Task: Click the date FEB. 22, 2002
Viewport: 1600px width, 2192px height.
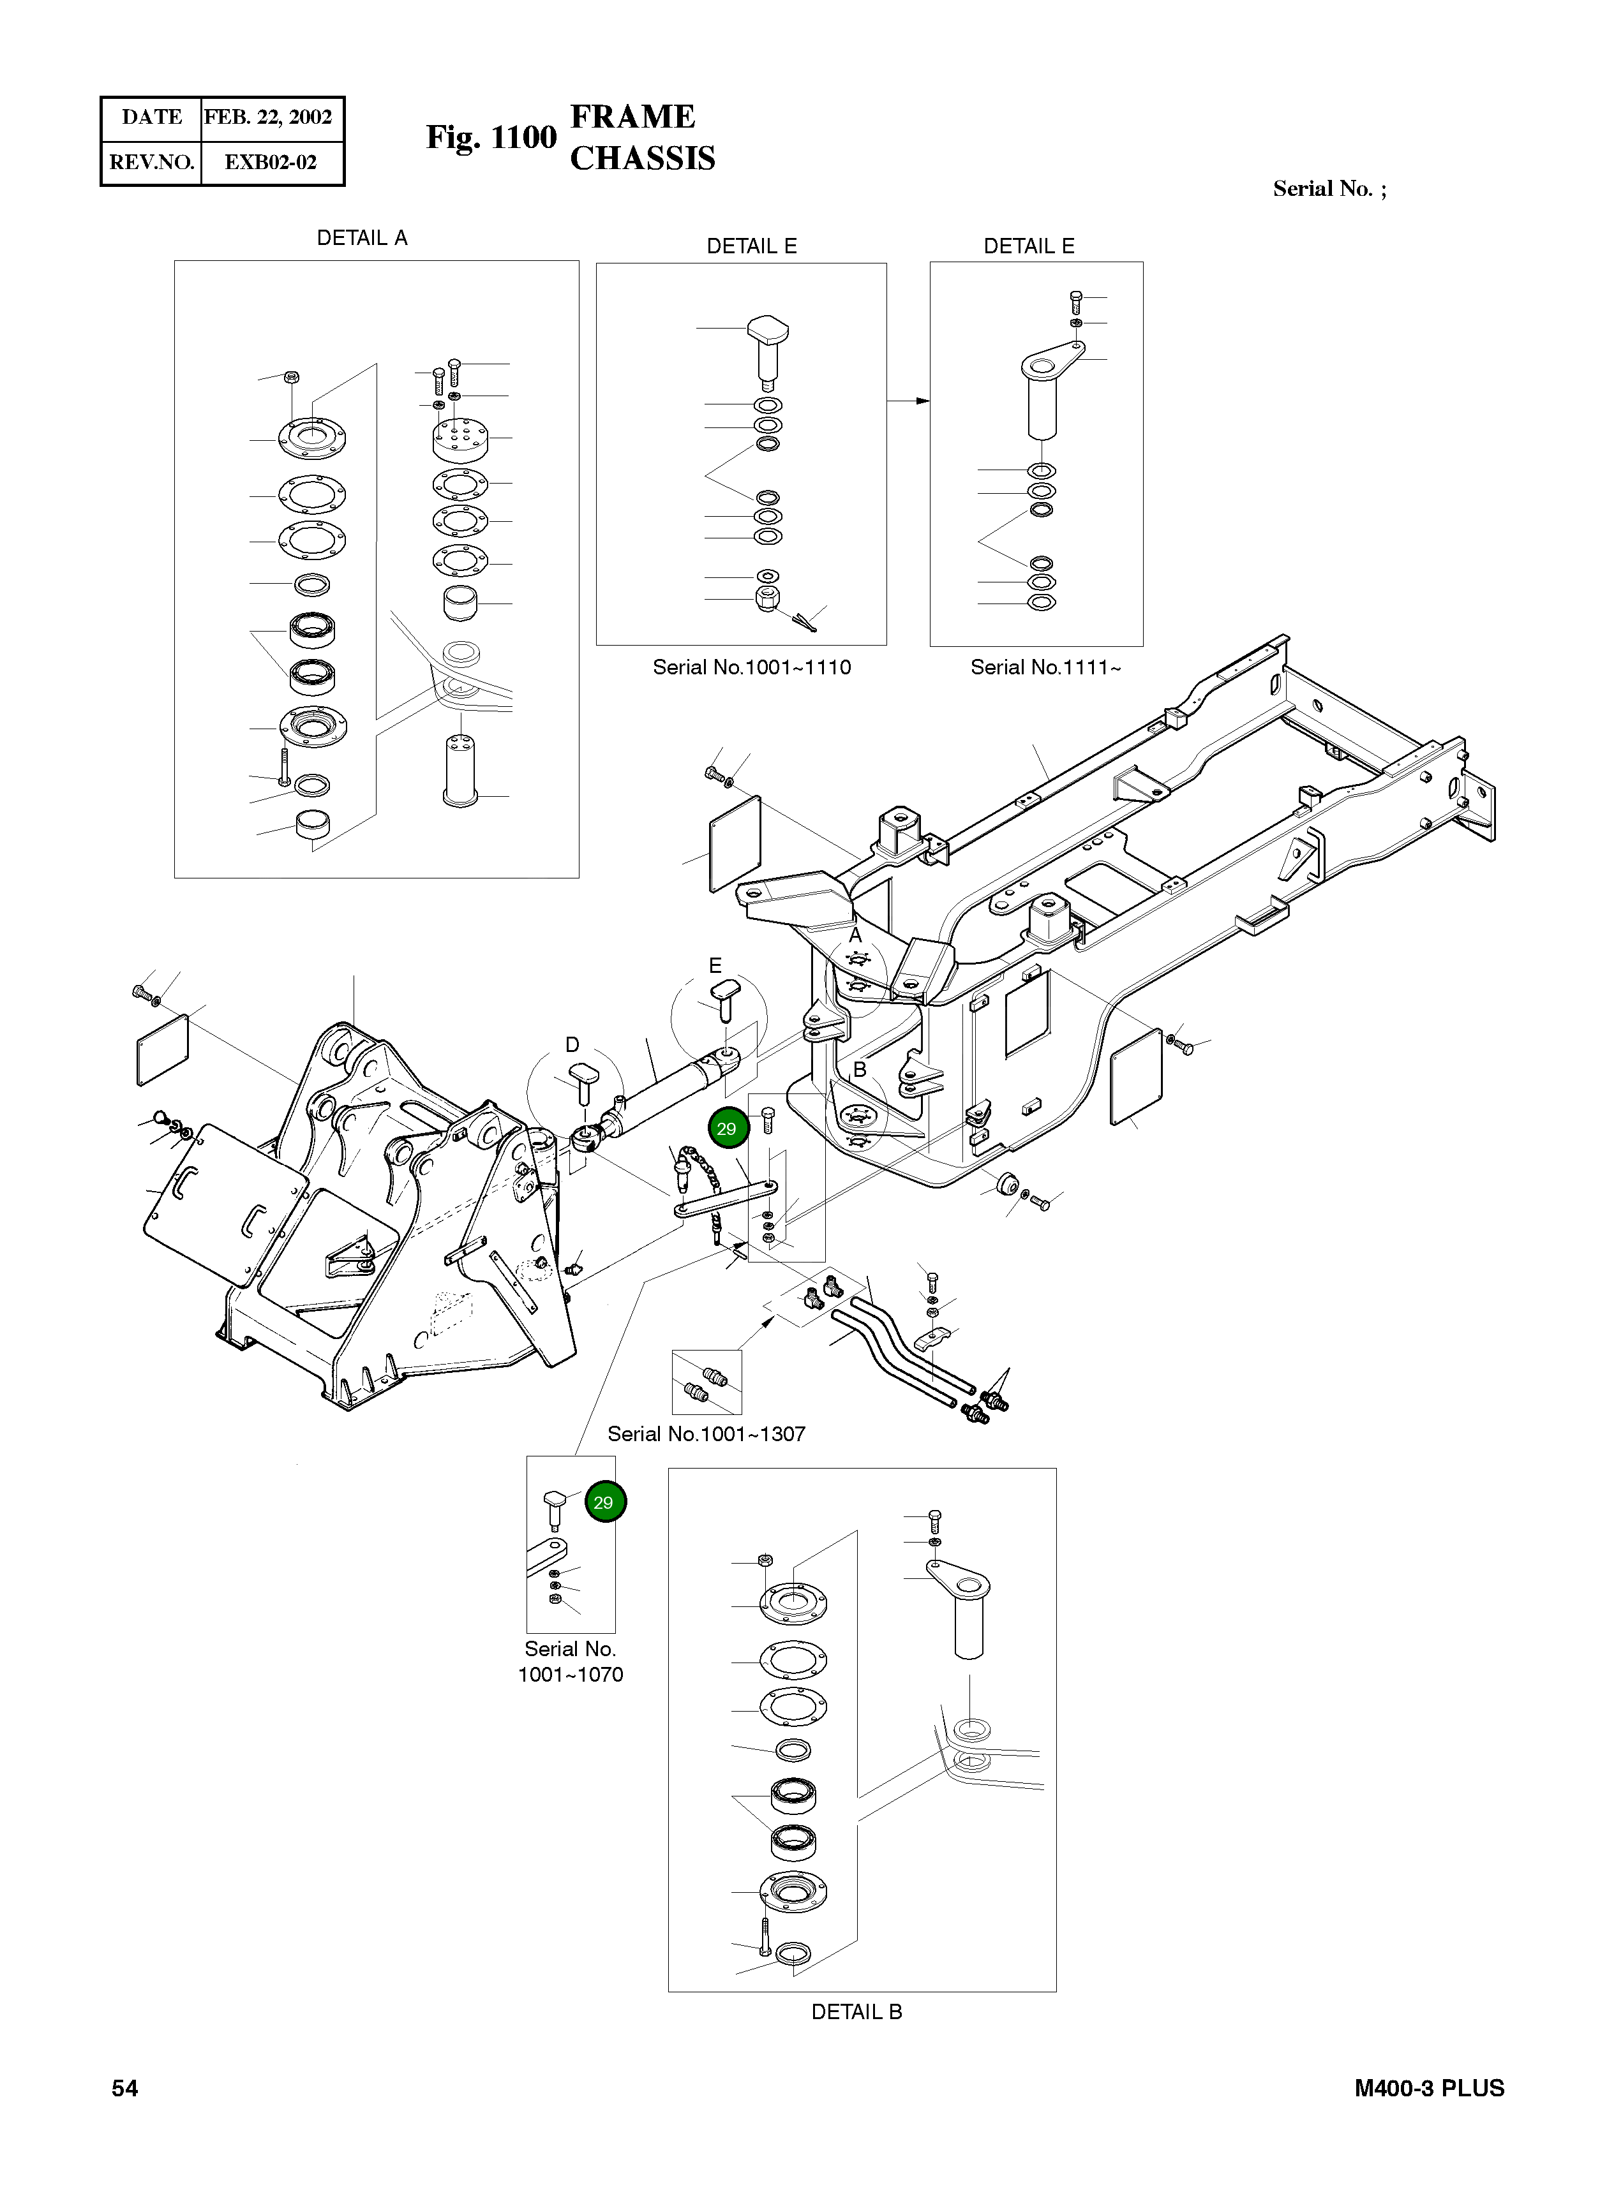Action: point(268,117)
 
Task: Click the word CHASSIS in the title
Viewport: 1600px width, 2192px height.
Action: point(642,158)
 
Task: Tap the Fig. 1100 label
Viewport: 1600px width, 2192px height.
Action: point(491,138)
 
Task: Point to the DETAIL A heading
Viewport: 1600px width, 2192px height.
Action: point(363,238)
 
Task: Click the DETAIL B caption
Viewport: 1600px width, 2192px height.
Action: point(856,2012)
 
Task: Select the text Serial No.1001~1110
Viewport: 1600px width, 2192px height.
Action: point(752,667)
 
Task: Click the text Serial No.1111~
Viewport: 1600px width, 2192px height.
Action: point(1045,667)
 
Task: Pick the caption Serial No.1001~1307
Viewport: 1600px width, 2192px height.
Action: point(706,1434)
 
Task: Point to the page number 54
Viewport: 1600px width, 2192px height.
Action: point(125,2089)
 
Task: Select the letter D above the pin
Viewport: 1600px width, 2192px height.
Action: point(572,1045)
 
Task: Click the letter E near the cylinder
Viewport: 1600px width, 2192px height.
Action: point(715,965)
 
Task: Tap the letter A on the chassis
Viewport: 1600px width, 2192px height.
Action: point(855,935)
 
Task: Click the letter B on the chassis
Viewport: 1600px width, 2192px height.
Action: point(859,1070)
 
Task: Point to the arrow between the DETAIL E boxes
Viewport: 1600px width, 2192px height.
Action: point(908,401)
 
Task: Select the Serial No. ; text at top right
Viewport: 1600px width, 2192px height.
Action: point(1329,189)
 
